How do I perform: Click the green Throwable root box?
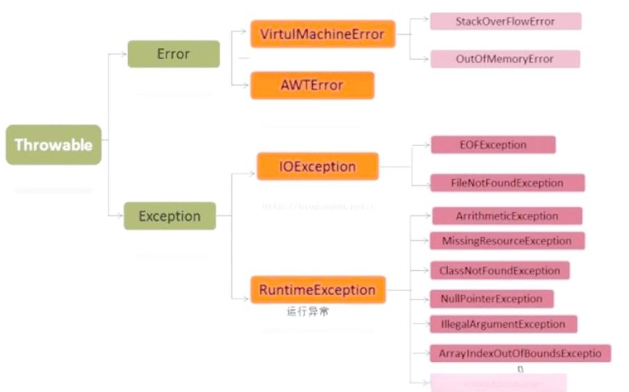54,145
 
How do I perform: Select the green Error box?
173,54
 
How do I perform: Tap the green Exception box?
169,216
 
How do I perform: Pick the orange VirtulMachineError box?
323,33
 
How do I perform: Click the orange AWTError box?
312,85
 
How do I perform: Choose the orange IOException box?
318,166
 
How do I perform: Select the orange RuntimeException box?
318,290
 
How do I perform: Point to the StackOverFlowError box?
505,21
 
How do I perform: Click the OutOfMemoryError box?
505,58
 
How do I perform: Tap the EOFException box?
493,145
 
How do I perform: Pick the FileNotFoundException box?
507,182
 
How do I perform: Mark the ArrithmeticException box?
507,216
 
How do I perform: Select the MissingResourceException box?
507,241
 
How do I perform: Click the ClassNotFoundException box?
499,270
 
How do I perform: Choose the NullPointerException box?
491,299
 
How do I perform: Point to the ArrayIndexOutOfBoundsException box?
520,353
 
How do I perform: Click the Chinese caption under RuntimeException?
308,311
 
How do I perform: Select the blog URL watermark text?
319,206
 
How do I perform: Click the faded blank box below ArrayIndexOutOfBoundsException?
498,382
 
